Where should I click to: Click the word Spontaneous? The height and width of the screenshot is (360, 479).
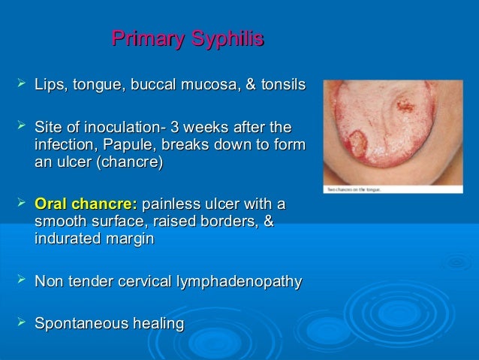77,324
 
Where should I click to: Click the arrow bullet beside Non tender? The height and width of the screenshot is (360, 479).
20,281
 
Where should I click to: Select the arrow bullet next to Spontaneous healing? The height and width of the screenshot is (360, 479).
20,323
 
